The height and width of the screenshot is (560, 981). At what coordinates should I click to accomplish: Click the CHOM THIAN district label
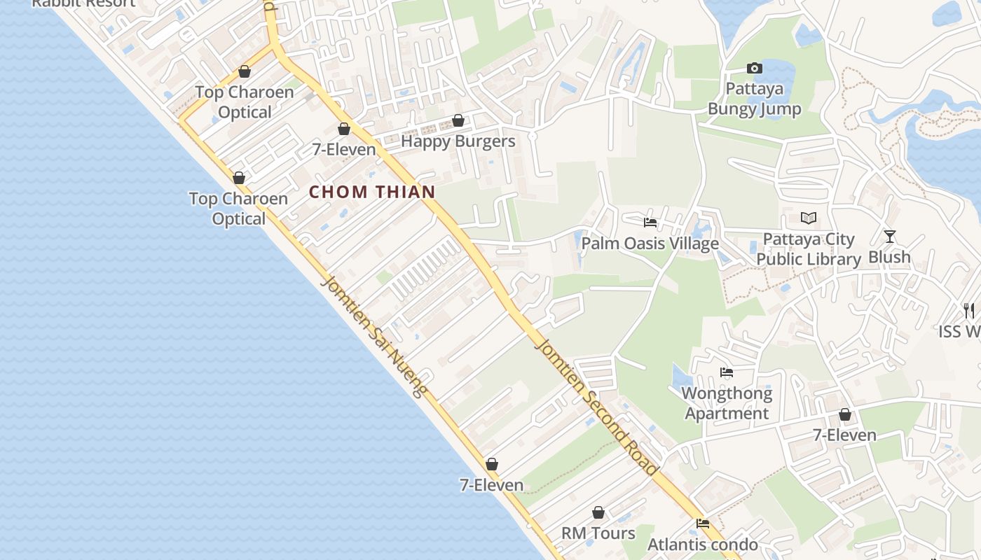pos(372,192)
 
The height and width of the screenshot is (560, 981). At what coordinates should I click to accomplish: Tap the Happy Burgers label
pos(458,141)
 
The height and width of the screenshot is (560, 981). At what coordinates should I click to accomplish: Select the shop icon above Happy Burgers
pos(458,121)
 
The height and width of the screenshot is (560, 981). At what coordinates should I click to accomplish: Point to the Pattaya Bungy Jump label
pos(754,99)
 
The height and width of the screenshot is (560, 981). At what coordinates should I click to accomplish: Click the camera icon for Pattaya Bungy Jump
pos(754,69)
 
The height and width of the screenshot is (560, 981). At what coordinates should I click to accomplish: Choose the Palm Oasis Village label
pos(650,244)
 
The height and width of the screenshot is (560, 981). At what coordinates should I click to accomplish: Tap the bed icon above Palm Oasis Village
pos(650,223)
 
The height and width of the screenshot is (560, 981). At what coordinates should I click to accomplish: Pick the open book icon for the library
pos(809,218)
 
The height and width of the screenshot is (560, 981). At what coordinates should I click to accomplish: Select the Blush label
pos(889,257)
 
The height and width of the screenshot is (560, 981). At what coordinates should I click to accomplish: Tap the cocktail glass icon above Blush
pos(890,237)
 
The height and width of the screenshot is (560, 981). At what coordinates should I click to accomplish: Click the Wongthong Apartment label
pos(727,403)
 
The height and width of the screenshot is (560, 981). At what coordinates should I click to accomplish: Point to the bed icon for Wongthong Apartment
pos(727,372)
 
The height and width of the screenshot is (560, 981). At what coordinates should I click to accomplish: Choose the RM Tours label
pos(598,533)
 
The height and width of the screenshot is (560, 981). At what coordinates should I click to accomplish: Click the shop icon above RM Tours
pos(598,513)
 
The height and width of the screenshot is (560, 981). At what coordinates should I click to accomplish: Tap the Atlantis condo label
pos(702,545)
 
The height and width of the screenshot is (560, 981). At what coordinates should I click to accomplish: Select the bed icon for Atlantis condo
pos(703,524)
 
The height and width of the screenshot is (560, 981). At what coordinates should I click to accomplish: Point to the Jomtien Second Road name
pos(596,406)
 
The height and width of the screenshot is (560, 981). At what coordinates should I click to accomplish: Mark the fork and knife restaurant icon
pos(969,310)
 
